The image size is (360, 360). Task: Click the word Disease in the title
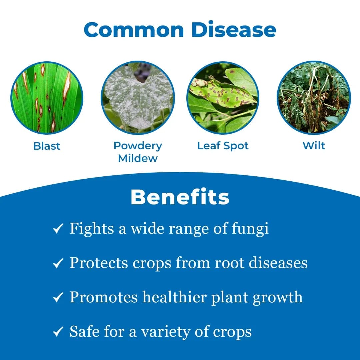tap(234, 30)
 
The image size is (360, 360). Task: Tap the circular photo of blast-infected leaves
tap(47, 98)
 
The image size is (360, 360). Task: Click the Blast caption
tap(47, 146)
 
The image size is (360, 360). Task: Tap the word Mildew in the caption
tap(138, 158)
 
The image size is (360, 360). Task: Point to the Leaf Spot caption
tap(223, 146)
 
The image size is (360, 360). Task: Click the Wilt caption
tap(314, 146)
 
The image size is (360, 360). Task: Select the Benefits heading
tap(180, 197)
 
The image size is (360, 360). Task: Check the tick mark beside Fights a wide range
tap(58, 229)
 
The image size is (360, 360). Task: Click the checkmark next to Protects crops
tap(58, 264)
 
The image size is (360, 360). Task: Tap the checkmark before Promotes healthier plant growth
tap(58, 298)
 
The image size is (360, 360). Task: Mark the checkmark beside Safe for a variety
tap(58, 332)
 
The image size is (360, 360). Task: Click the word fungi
tap(250, 229)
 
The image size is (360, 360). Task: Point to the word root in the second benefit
tap(227, 263)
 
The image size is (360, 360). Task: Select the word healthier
tap(175, 297)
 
